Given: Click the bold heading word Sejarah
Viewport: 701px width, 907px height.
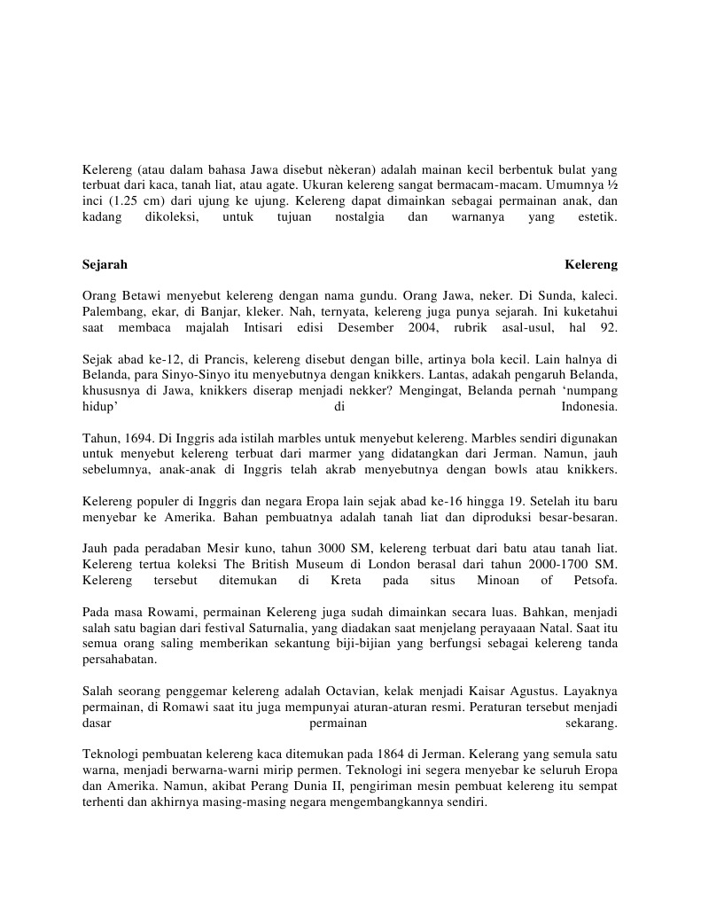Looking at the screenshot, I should coord(105,264).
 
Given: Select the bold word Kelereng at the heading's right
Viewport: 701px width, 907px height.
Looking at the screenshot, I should coord(591,264).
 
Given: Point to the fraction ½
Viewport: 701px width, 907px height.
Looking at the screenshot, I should coord(611,184).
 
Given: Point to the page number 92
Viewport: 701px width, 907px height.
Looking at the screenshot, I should coord(609,328).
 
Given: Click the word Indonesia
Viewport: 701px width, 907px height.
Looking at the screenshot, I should coord(589,407).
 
